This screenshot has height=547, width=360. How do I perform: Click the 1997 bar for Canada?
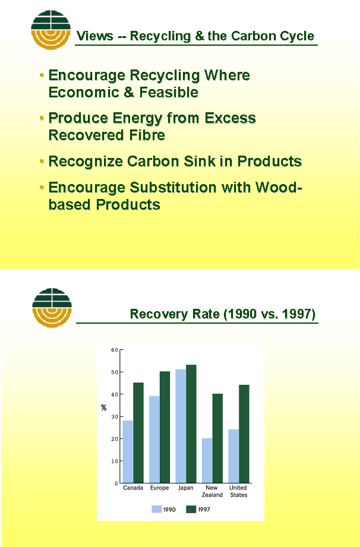coord(138,432)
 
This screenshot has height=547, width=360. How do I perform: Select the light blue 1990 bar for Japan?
coord(181,426)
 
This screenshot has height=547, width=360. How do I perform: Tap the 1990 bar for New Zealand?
coord(207,460)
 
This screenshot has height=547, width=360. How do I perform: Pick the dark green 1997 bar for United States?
coord(244,434)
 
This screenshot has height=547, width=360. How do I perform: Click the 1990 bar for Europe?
coord(154,440)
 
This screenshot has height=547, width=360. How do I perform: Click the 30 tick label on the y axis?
coord(114,416)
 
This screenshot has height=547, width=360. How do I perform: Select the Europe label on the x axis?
coord(159,488)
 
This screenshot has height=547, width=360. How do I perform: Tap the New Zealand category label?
coord(212,491)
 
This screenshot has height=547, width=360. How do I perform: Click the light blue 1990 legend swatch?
coord(156,510)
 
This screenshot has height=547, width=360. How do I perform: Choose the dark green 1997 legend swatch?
coord(191,510)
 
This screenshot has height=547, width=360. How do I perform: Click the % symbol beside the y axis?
coord(103,407)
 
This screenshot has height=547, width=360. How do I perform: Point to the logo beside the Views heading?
coord(51,30)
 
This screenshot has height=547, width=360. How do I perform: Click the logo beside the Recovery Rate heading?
coord(52,308)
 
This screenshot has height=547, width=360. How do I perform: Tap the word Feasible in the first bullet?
coord(169,93)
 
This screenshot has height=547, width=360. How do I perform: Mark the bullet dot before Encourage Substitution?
coord(42,188)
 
